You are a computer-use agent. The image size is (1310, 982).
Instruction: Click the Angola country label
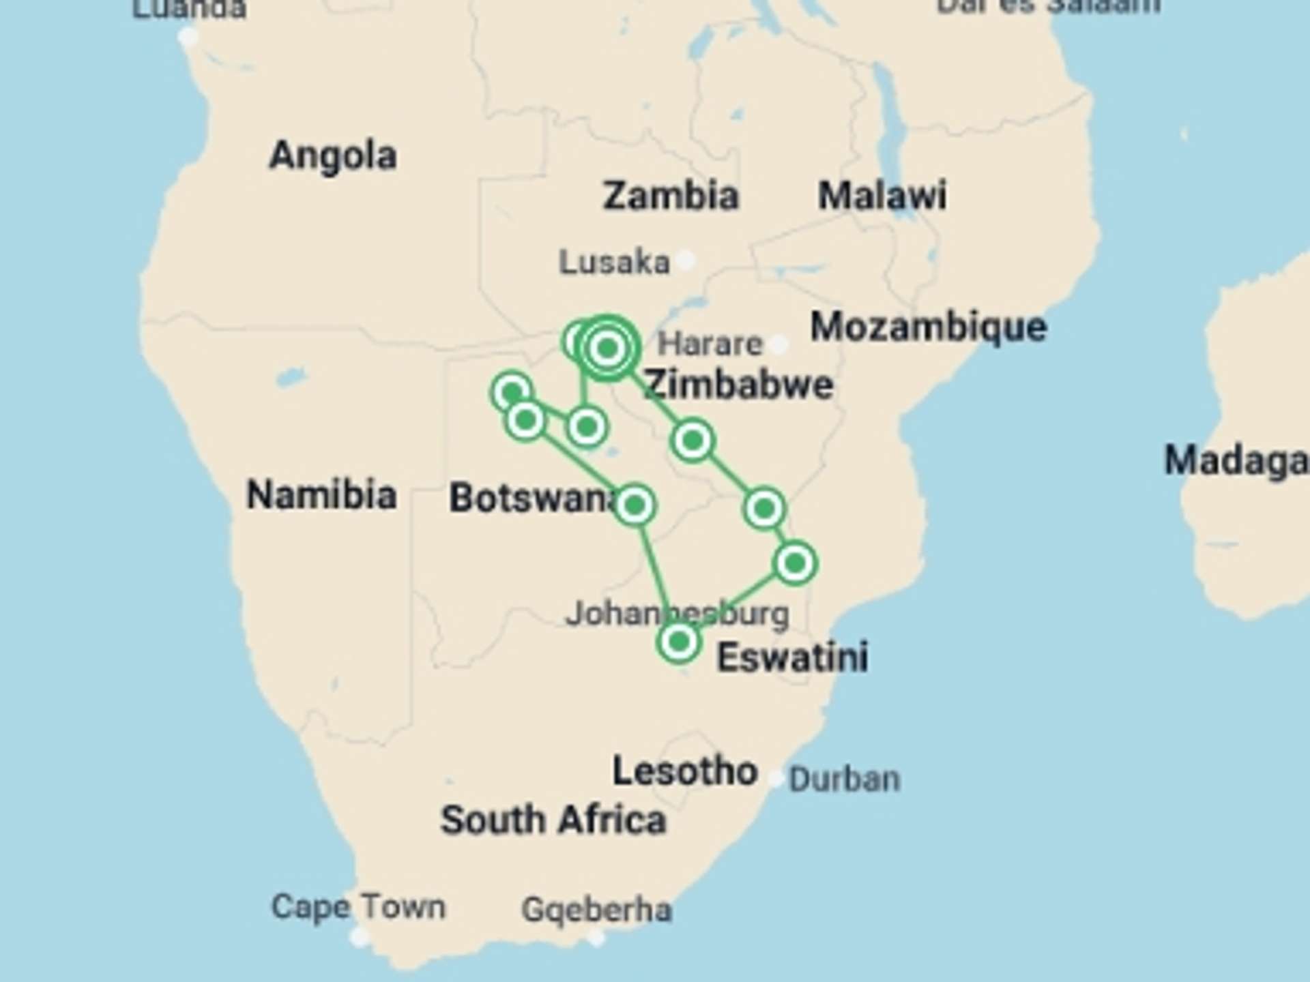[333, 155]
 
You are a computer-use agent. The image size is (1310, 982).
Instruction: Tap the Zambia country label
[670, 196]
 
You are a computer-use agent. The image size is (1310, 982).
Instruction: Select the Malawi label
[882, 196]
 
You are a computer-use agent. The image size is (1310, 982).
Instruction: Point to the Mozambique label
[928, 327]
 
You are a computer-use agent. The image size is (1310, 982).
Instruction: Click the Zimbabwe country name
[738, 385]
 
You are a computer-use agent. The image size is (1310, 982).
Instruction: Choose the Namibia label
[321, 494]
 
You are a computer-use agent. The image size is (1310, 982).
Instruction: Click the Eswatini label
[792, 657]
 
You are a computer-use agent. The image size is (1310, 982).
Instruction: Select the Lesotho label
[684, 771]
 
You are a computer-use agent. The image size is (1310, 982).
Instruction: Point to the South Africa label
[553, 820]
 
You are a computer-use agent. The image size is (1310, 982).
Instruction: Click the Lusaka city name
[614, 263]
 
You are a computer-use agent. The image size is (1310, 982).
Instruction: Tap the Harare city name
[710, 344]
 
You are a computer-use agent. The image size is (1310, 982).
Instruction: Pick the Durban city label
[844, 779]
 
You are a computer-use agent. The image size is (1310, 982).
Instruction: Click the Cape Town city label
[358, 908]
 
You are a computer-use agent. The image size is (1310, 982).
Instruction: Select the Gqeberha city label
[596, 910]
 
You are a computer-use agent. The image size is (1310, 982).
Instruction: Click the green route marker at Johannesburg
[679, 642]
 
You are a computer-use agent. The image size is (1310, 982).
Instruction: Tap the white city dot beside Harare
[778, 344]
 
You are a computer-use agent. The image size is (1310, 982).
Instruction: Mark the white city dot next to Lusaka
[686, 260]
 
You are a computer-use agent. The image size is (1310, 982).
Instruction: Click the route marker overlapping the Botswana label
[635, 505]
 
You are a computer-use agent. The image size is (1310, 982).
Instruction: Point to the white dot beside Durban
[776, 778]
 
